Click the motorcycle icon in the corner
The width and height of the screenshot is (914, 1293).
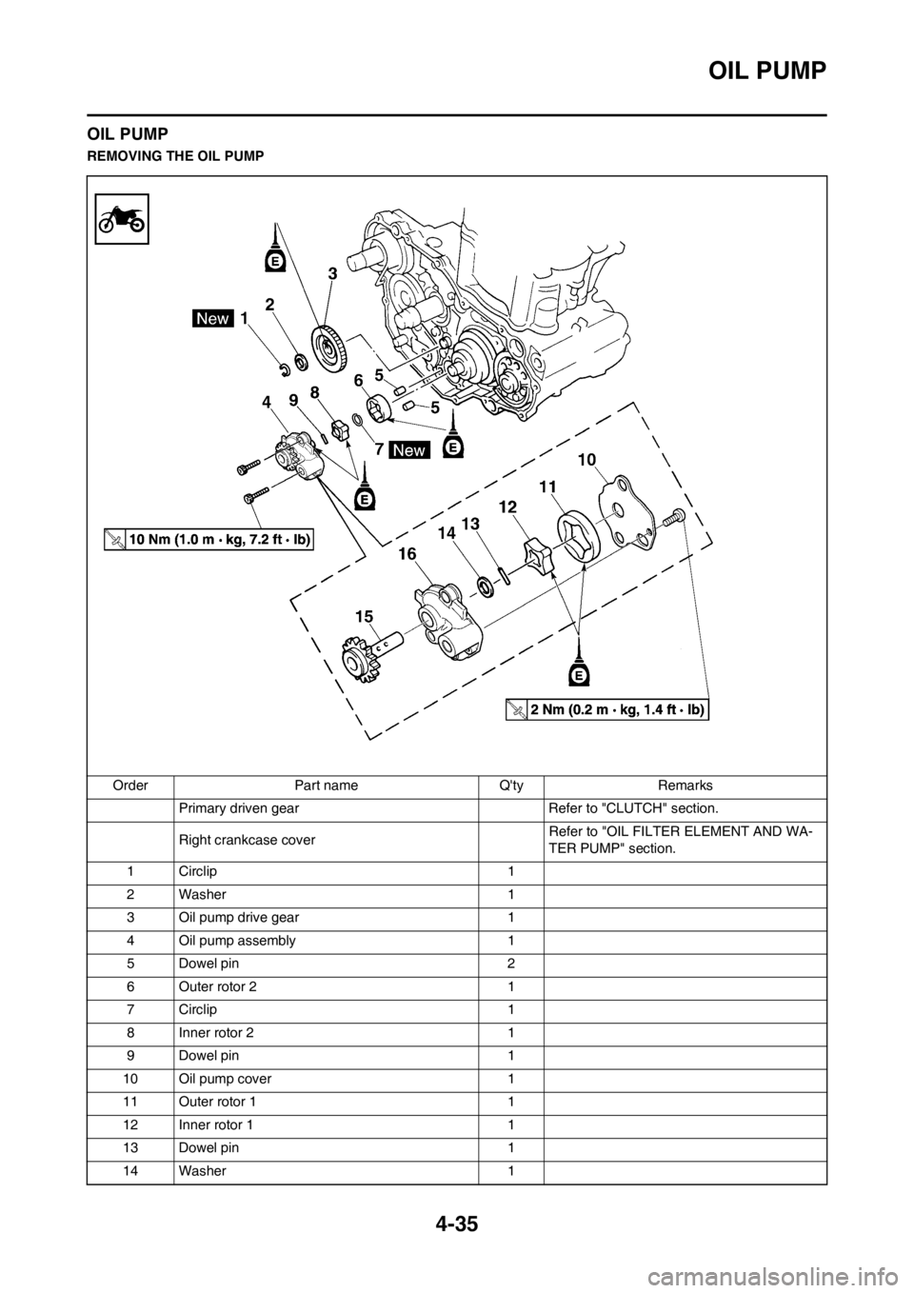(123, 218)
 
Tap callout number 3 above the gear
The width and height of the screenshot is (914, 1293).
(332, 273)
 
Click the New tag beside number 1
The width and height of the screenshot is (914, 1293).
(212, 319)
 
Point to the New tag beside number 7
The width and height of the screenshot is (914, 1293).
(409, 448)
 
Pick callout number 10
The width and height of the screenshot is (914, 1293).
(586, 460)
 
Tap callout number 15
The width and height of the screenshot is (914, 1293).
(364, 616)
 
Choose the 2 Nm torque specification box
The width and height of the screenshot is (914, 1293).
(607, 709)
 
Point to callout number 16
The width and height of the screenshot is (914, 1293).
(407, 564)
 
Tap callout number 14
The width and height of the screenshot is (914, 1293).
(447, 536)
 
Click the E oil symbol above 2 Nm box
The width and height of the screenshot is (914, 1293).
(577, 674)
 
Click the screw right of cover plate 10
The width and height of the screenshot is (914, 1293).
(678, 514)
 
